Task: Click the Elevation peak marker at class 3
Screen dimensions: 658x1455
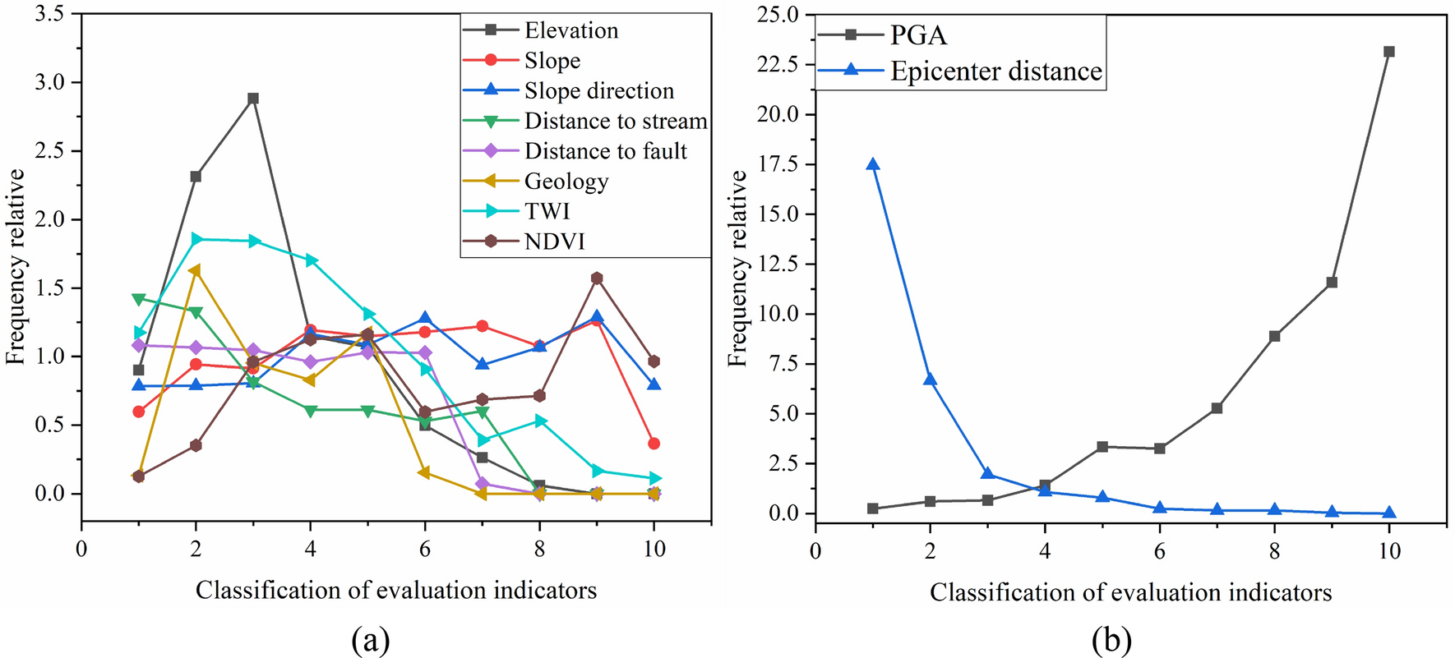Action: click(x=253, y=99)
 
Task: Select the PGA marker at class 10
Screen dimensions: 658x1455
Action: click(x=1389, y=52)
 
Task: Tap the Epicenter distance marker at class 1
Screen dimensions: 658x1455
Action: click(x=873, y=164)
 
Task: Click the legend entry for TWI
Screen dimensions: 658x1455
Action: click(x=547, y=211)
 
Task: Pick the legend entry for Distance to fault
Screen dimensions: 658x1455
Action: click(x=606, y=151)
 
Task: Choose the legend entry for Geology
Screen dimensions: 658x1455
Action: click(x=566, y=182)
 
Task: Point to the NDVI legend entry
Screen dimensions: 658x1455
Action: click(x=555, y=242)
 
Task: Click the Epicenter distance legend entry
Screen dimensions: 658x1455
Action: click(x=996, y=71)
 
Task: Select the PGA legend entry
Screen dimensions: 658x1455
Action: click(x=918, y=35)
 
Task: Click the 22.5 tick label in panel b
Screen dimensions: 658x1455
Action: click(x=778, y=64)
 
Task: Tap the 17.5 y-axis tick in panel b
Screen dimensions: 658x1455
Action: click(x=778, y=164)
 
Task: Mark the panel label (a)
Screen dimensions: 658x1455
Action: click(x=370, y=639)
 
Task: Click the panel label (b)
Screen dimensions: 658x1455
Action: click(x=1111, y=639)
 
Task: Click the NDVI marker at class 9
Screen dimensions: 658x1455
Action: click(x=597, y=278)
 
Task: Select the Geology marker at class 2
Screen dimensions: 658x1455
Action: click(x=195, y=270)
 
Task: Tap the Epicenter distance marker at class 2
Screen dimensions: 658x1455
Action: click(x=931, y=379)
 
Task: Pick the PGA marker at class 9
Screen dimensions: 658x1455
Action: click(x=1332, y=283)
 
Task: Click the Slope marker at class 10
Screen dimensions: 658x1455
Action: click(x=654, y=444)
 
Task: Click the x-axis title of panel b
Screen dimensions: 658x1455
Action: click(x=1130, y=592)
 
